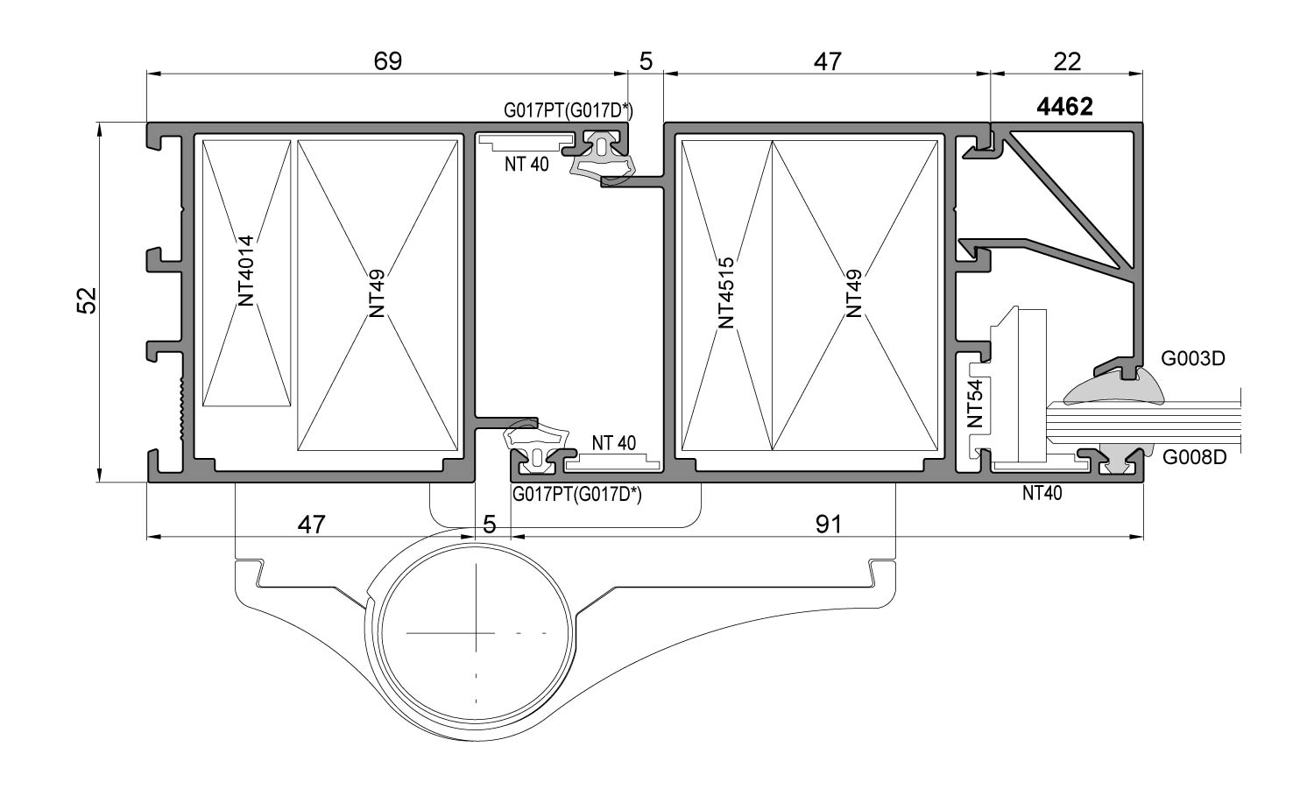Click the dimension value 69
(x=387, y=61)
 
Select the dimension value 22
(x=1068, y=61)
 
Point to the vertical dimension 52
(x=86, y=301)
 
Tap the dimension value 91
(x=828, y=525)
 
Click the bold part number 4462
(x=1064, y=107)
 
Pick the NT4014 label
(x=246, y=270)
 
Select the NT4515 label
(x=726, y=292)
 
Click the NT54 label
(x=976, y=403)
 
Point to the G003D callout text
(x=1192, y=358)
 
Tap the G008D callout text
(x=1194, y=457)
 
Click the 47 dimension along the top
(x=827, y=61)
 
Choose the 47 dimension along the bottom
(x=311, y=525)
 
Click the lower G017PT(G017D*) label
(x=577, y=495)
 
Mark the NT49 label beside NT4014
(x=378, y=292)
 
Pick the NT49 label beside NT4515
(x=854, y=292)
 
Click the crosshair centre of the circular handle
(x=476, y=631)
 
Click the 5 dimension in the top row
(x=646, y=61)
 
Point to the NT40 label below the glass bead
(x=1042, y=493)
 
